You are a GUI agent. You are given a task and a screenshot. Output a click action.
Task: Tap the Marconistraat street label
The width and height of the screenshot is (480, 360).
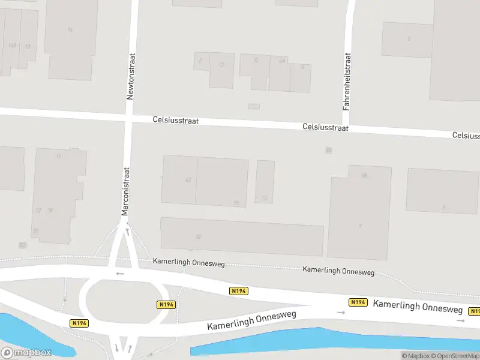(x=126, y=191)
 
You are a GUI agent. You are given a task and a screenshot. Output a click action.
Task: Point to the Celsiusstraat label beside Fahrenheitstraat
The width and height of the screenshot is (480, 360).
(x=326, y=127)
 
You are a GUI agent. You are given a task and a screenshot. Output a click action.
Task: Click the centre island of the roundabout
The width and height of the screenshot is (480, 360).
(x=112, y=300)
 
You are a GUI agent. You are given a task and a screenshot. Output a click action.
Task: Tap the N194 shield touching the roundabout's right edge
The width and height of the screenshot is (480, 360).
(x=166, y=305)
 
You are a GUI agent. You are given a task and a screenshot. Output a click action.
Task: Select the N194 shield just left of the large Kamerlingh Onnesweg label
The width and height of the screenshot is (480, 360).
(x=358, y=302)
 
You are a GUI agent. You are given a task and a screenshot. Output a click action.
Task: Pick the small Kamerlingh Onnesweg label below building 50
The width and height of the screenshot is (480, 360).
(x=188, y=263)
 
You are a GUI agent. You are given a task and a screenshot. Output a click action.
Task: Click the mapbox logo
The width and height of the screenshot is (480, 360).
(x=26, y=353)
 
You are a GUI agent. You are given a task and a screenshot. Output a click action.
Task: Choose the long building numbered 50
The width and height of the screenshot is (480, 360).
(x=242, y=236)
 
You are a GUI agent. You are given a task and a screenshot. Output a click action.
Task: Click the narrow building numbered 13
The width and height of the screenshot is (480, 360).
(x=265, y=181)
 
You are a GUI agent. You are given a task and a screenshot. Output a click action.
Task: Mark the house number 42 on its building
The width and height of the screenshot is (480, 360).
(x=188, y=180)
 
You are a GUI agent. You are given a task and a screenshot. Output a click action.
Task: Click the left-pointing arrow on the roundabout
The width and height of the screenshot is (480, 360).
(x=120, y=274)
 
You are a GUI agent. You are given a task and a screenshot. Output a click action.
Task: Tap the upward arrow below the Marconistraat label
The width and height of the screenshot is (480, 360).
(x=127, y=230)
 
